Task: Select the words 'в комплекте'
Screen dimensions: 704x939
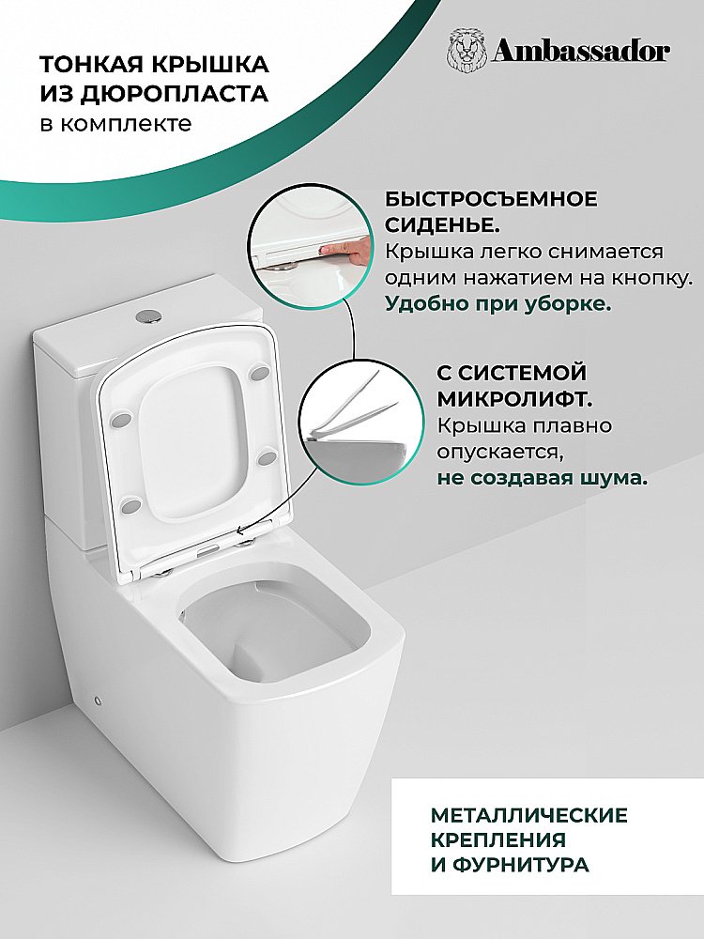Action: coord(116,123)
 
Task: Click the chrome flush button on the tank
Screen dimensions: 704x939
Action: coord(149,315)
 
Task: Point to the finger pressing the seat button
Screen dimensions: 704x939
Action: coord(344,252)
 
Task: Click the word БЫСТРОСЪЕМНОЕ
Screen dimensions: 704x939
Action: coord(491,199)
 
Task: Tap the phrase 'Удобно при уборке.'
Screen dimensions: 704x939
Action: coord(498,303)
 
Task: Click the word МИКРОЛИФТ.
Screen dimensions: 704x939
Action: coord(514,399)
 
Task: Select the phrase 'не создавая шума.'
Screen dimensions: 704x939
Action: coord(542,479)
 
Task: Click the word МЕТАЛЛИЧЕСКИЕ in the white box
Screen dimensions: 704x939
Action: coord(529,816)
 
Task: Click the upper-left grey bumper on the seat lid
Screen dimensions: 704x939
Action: coord(120,419)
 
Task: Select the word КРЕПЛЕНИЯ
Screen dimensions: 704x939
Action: coord(498,840)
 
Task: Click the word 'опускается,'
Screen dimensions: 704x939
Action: coord(500,453)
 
